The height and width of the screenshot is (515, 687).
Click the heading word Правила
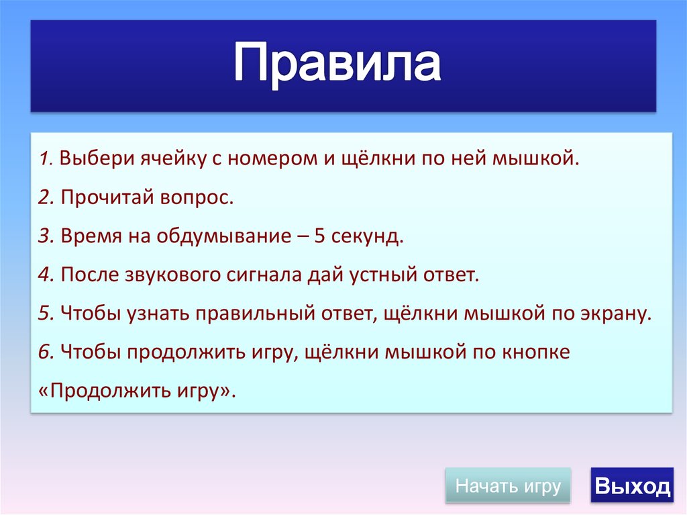click(x=337, y=63)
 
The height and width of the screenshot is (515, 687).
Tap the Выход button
click(x=632, y=485)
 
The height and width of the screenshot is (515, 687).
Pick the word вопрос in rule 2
click(x=197, y=198)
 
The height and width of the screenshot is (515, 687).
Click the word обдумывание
click(x=224, y=236)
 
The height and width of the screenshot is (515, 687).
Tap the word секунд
click(x=367, y=236)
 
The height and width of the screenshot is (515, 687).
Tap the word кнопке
click(x=536, y=352)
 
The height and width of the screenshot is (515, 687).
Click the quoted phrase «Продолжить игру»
click(x=137, y=390)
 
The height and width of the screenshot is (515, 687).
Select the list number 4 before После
click(x=46, y=275)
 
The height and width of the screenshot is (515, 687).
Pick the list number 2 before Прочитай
click(x=46, y=197)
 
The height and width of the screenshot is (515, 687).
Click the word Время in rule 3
click(x=91, y=236)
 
